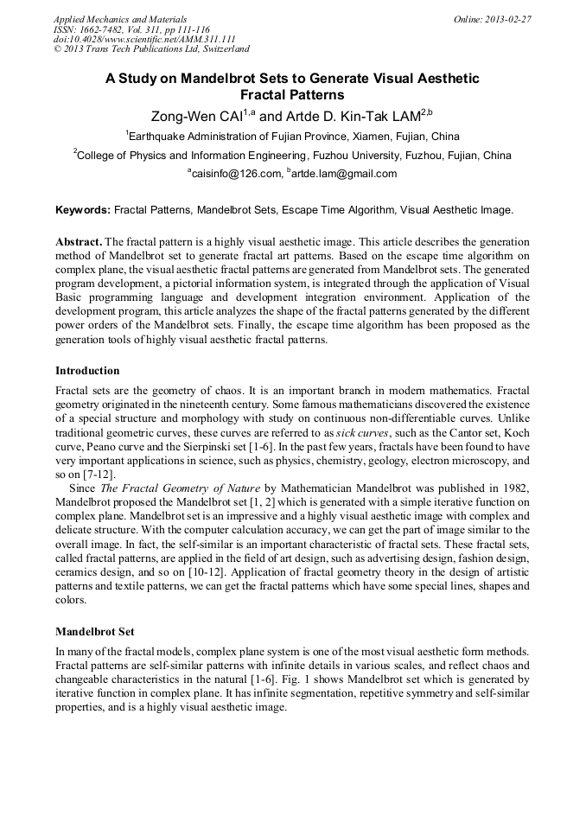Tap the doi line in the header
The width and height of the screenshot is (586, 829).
pyautogui.click(x=144, y=39)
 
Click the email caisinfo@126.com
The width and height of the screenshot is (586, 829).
pyautogui.click(x=235, y=174)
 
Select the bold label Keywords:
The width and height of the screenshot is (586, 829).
pyautogui.click(x=83, y=210)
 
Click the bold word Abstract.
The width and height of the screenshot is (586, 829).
pyautogui.click(x=79, y=242)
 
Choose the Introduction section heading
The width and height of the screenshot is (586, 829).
pyautogui.click(x=87, y=371)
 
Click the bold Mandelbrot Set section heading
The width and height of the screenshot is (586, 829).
pyautogui.click(x=94, y=631)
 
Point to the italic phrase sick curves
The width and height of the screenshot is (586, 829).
pyautogui.click(x=360, y=433)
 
